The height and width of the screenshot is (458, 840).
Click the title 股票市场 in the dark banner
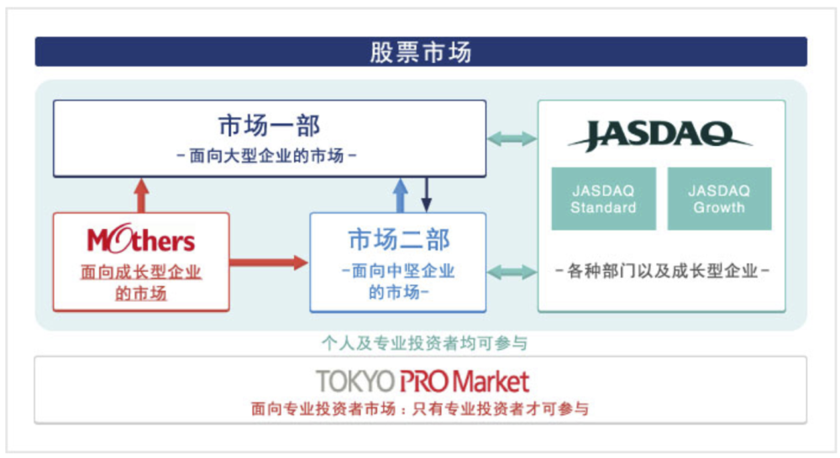coord(421,53)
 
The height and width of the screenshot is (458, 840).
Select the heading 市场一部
coord(270,126)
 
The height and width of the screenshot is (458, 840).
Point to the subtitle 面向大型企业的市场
coord(266,156)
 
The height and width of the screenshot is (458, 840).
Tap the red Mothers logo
coord(141,238)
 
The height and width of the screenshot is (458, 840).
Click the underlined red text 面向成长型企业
coord(141,272)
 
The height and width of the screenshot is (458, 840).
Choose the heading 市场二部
coord(398,239)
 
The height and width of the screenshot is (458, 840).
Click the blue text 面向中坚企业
coord(403,271)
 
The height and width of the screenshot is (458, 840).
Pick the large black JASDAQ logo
coord(660,135)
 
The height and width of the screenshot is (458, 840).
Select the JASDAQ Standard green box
coord(604,199)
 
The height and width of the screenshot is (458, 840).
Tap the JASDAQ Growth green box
coord(720,199)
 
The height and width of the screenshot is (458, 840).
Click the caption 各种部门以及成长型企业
coord(662,271)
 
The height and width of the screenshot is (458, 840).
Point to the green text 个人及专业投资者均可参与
coord(424,343)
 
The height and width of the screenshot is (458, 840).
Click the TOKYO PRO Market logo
coord(423,381)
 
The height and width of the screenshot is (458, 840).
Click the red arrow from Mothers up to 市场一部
coord(141,195)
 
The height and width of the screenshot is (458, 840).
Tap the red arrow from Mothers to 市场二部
coord(269,263)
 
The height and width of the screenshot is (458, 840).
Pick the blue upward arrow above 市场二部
coord(400,195)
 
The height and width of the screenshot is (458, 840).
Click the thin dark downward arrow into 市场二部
coord(427,195)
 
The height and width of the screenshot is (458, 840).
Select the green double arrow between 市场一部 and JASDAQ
coord(512,138)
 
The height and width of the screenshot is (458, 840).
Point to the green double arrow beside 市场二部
coord(512,272)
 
